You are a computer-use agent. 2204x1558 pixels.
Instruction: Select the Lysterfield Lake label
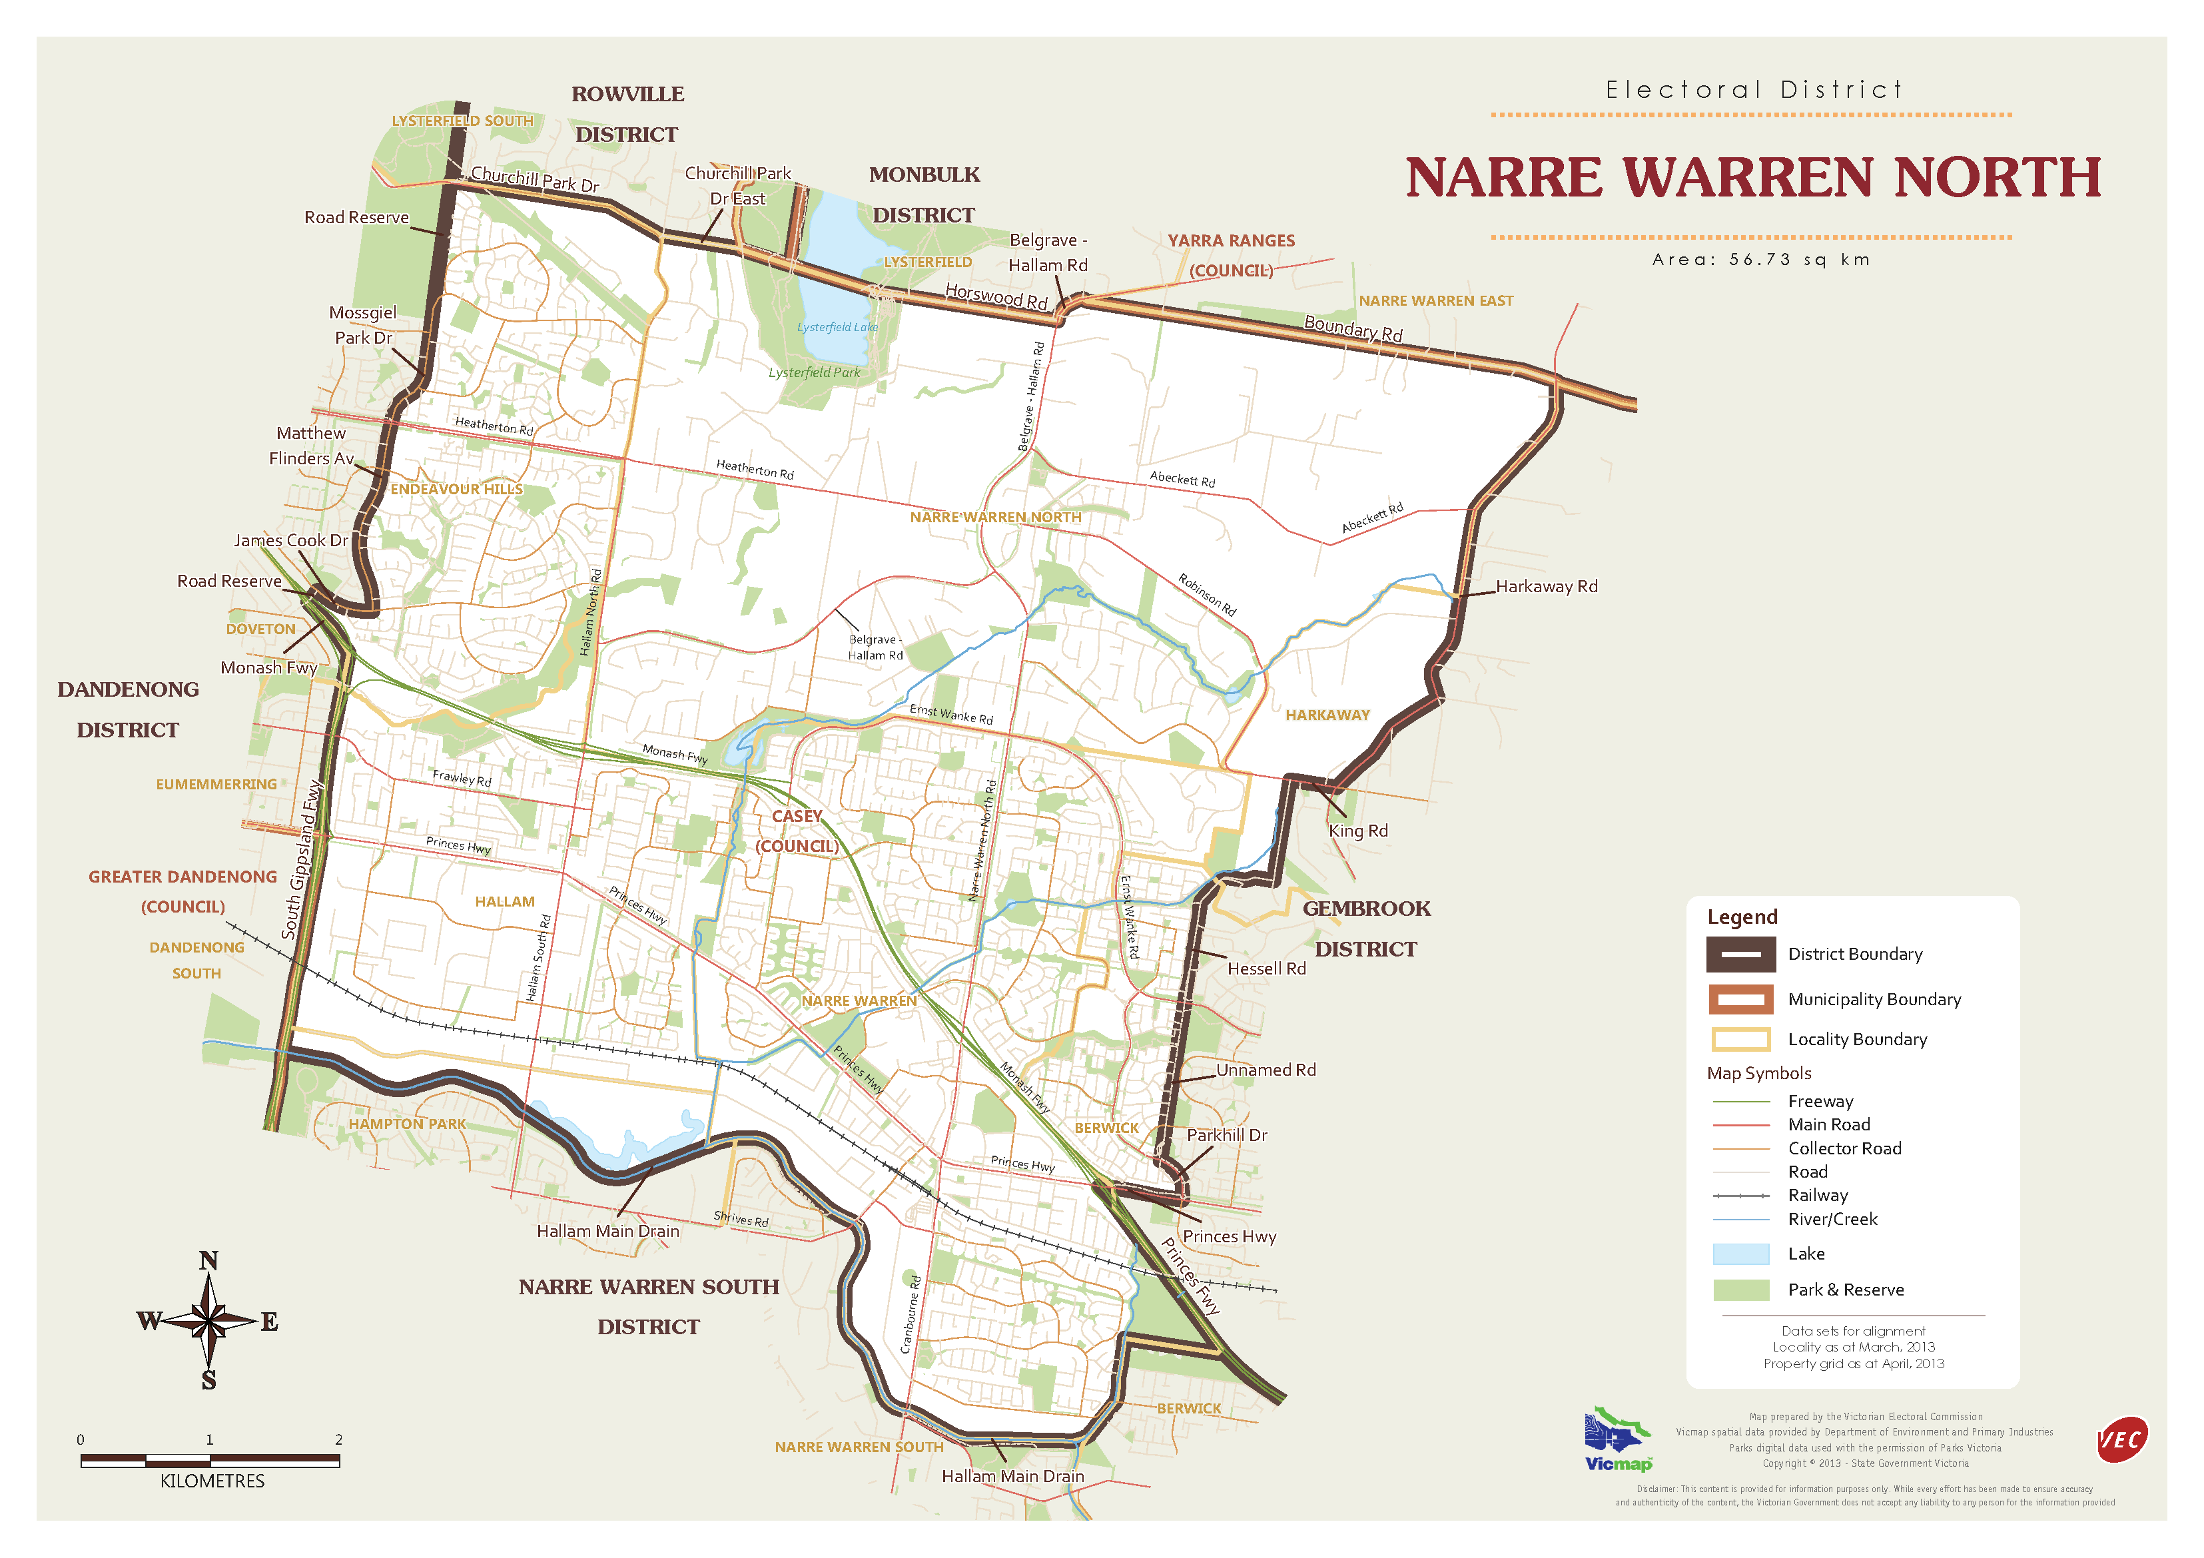click(x=837, y=327)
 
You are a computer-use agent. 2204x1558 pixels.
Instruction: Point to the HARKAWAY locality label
click(x=1327, y=715)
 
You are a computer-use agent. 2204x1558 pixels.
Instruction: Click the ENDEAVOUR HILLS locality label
click(x=456, y=490)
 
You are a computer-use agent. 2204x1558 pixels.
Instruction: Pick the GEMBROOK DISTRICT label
click(x=1366, y=929)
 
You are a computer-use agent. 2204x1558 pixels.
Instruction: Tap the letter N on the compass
click(x=208, y=1260)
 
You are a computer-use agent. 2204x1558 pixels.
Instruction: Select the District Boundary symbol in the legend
click(x=1740, y=955)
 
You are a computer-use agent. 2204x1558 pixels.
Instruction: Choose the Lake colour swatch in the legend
click(x=1740, y=1254)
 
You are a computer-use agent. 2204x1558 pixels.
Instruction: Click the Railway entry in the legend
click(x=1817, y=1195)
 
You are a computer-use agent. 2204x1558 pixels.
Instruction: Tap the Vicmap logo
click(x=1619, y=1440)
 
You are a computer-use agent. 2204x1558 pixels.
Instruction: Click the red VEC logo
click(x=2121, y=1440)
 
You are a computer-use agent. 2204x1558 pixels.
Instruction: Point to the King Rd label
click(x=1357, y=831)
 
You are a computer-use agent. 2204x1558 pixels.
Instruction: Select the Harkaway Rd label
click(x=1547, y=587)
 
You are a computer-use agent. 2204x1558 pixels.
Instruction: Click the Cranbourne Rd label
click(x=911, y=1314)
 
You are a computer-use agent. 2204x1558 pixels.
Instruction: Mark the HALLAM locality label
click(x=505, y=901)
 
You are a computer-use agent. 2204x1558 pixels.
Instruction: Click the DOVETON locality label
click(x=261, y=629)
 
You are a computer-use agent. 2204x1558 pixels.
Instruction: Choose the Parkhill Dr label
click(x=1227, y=1136)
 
